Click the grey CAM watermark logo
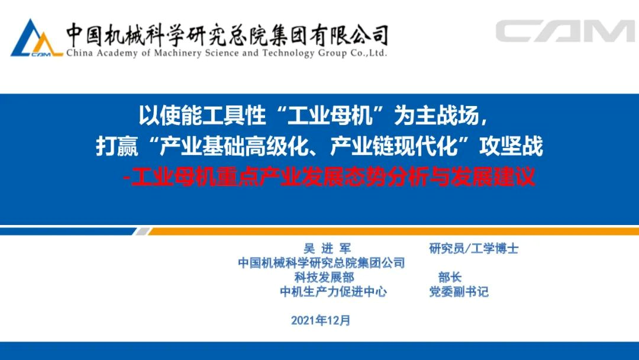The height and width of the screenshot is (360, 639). pos(565,31)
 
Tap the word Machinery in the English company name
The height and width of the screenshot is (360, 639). pos(177,53)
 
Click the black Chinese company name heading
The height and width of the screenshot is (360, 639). pos(227,35)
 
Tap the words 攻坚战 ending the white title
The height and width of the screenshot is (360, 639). pos(511,146)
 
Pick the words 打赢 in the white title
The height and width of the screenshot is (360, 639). pos(117,146)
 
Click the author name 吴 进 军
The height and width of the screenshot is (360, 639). pos(327,248)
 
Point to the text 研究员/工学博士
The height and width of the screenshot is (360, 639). pos(473,248)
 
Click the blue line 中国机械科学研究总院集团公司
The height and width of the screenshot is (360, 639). pos(321,262)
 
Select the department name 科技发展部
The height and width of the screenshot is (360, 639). pos(324,277)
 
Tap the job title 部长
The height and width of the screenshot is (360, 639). pos(450,277)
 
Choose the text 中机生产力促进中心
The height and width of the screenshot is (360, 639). pos(333,291)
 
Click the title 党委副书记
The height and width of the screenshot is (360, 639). pos(459,291)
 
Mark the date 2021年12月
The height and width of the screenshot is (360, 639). pos(321,320)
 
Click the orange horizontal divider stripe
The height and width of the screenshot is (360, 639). pos(393,232)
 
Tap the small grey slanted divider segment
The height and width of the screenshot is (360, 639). pos(142,232)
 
